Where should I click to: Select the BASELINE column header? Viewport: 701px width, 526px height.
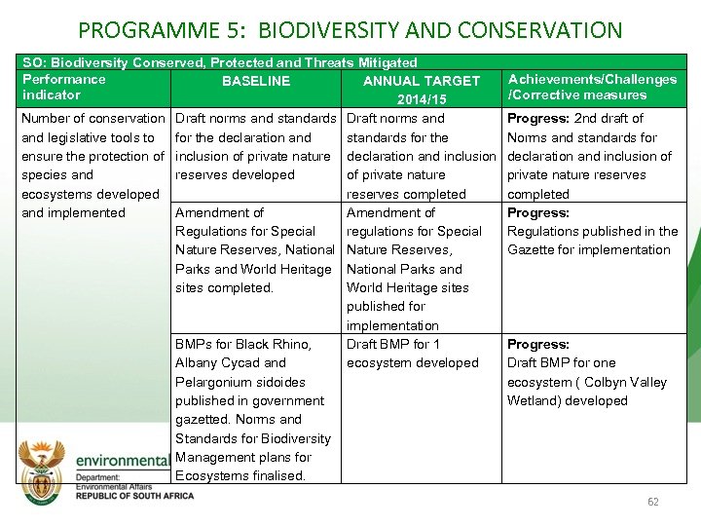coord(255,81)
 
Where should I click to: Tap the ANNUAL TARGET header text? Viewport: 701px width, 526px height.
coord(421,81)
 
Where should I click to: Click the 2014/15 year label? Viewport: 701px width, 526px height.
coord(421,99)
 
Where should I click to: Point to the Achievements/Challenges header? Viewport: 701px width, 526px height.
coord(592,79)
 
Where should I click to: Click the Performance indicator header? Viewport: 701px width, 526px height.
coord(63,87)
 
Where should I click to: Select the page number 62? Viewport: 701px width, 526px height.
coord(653,502)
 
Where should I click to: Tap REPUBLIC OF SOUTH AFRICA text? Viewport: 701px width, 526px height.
coord(134,496)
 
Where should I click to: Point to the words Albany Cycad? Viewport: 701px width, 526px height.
coord(218,362)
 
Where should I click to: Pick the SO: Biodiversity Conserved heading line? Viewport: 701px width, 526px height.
coord(219,62)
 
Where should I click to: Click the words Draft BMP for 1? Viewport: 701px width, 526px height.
coord(393,344)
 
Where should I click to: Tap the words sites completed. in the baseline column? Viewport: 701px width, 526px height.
coord(223,287)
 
